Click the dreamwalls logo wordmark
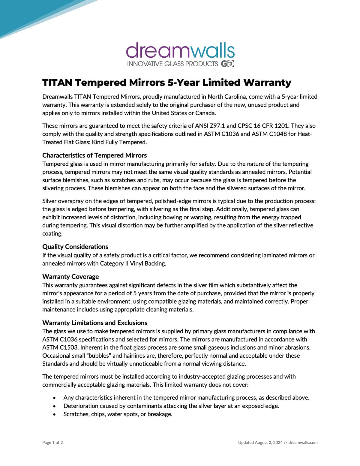[180, 51]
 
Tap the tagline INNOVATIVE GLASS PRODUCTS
[172, 64]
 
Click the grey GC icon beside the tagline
[227, 64]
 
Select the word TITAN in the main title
[57, 83]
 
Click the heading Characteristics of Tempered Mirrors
[94, 155]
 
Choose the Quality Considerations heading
[75, 247]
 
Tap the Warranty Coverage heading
[70, 277]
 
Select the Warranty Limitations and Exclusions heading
[95, 323]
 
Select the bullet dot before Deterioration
[54, 406]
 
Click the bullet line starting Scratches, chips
[118, 414]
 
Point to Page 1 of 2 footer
[53, 443]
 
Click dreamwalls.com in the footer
[303, 443]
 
